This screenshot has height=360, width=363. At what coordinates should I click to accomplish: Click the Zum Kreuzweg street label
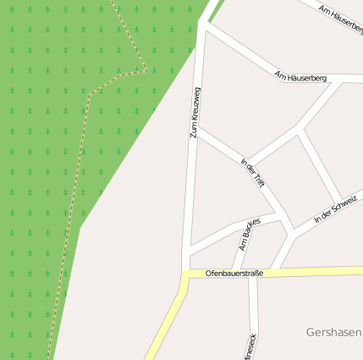point(195,112)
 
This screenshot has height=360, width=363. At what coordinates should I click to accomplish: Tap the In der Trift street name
point(252,173)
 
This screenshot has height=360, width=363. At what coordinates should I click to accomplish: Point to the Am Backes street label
point(249,233)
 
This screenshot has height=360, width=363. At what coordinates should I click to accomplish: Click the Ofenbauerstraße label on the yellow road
point(234,274)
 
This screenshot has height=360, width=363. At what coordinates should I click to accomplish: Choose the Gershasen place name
point(333,332)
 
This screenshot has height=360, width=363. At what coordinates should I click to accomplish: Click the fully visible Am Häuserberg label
point(300,77)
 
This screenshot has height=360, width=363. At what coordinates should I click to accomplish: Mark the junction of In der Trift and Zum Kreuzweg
point(196,130)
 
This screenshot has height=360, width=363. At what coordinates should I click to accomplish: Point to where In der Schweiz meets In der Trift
point(293,230)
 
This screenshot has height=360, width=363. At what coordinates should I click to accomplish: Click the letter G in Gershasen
point(311,332)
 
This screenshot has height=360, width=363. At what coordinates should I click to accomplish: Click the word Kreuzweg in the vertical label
point(196,102)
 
